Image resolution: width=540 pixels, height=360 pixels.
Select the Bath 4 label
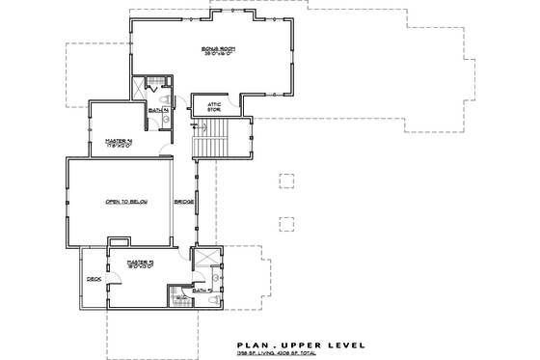(155, 110)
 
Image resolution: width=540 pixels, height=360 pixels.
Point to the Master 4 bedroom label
(117, 142)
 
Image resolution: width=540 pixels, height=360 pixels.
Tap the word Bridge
(182, 202)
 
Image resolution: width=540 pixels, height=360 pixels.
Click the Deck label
(94, 279)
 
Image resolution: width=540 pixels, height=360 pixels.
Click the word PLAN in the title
(251, 344)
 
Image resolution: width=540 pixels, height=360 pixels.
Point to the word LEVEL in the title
(344, 344)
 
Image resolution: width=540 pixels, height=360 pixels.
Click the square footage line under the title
(293, 353)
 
